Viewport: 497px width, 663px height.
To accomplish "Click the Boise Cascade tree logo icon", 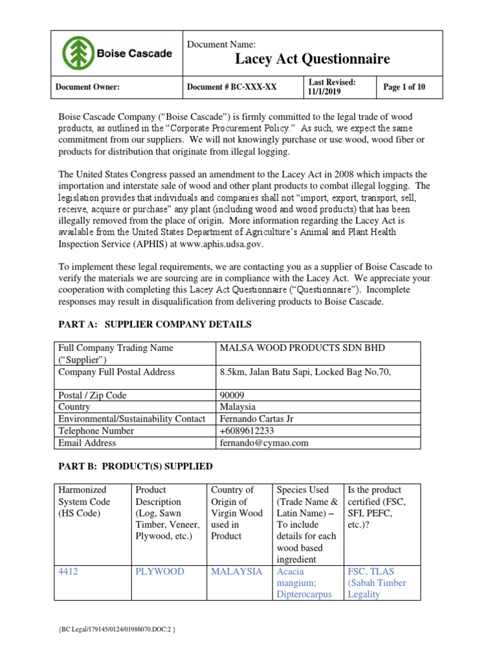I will pos(77,52).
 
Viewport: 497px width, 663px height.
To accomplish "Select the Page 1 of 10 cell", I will pos(404,87).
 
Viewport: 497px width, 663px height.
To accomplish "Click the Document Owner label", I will pos(88,87).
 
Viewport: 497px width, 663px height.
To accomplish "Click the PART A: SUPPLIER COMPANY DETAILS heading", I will pos(155,324).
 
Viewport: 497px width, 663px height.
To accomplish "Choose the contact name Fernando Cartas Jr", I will pos(256,419).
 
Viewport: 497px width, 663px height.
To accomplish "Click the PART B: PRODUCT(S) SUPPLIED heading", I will pos(135,467).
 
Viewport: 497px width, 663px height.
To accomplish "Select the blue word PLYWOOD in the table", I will pos(159,572).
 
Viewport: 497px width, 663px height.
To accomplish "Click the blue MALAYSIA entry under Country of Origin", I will pos(236,572).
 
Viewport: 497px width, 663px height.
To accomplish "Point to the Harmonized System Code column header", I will pos(84,502).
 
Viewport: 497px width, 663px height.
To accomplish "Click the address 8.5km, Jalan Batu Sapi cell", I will pos(306,372).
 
